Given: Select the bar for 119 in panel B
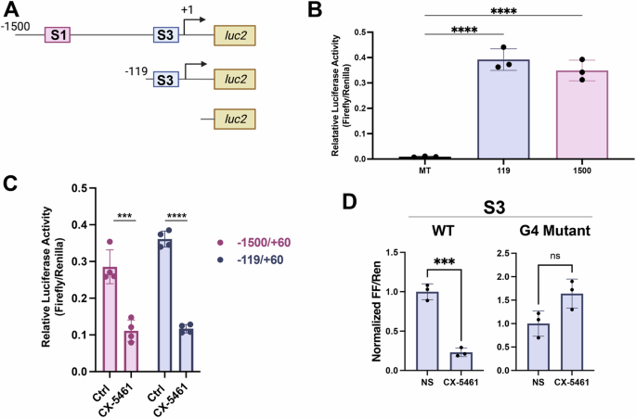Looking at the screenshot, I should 503,109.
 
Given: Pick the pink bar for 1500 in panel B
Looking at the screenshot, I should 581,114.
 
